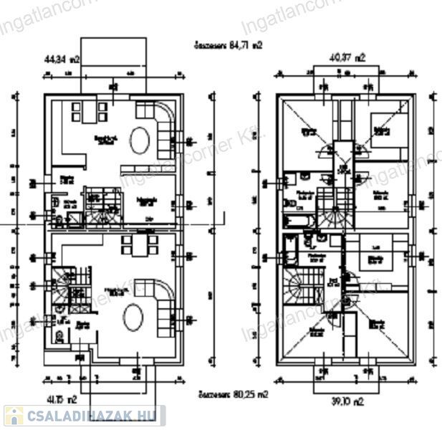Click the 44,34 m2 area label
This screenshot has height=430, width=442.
click(x=59, y=61)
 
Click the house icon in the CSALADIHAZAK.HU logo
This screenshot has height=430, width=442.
click(x=13, y=416)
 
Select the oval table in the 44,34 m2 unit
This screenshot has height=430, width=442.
click(x=140, y=136)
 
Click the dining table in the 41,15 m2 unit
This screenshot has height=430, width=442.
click(x=136, y=247)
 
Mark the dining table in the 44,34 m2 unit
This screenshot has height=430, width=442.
click(x=90, y=112)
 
